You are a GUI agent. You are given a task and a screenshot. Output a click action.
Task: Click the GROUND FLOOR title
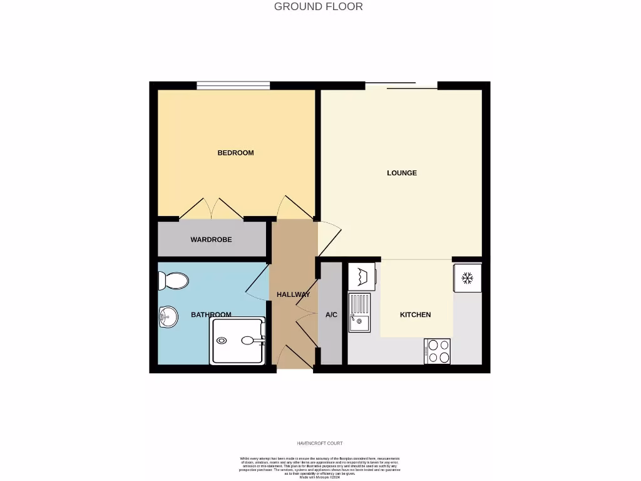click(318, 7)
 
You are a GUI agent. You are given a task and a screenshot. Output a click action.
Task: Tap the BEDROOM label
click(235, 153)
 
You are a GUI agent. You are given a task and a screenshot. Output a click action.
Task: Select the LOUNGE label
click(402, 173)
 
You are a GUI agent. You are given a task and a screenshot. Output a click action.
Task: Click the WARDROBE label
click(211, 240)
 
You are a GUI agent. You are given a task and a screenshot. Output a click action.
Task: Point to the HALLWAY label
click(293, 294)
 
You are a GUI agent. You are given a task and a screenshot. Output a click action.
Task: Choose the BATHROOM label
click(211, 315)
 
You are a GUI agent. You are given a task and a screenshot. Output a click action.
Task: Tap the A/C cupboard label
click(331, 315)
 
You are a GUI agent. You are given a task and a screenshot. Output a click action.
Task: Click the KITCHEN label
click(415, 315)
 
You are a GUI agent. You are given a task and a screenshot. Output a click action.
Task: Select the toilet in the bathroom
click(174, 281)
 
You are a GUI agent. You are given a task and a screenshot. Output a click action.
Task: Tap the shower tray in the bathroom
click(238, 341)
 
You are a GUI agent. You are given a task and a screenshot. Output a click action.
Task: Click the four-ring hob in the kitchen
click(436, 351)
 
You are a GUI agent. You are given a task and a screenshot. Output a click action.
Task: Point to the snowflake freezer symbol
click(467, 277)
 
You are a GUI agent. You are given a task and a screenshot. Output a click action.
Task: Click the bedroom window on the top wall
click(233, 86)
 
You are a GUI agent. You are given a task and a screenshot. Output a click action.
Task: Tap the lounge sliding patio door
click(401, 86)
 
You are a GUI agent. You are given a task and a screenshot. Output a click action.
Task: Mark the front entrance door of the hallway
click(295, 357)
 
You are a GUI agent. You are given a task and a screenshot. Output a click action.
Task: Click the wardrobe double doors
click(212, 209)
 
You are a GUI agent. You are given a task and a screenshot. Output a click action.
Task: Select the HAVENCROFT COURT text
click(319, 443)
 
